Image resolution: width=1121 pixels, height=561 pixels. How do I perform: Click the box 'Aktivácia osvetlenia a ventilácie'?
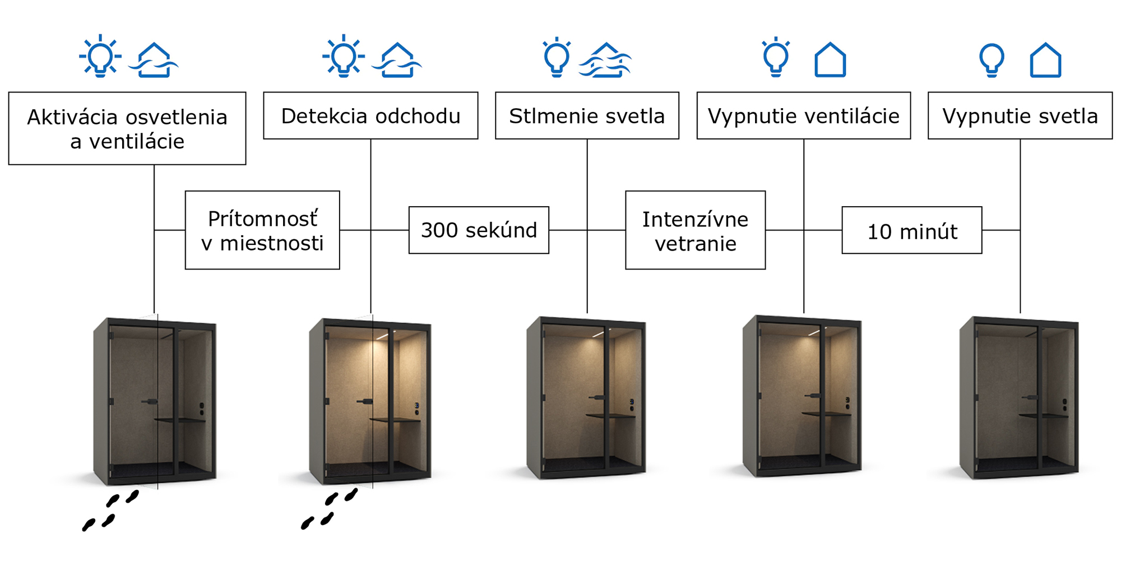pos(127,128)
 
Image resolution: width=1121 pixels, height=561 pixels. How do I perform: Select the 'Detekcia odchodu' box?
pos(370,115)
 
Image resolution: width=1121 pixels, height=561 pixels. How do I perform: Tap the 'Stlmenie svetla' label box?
pos(587,115)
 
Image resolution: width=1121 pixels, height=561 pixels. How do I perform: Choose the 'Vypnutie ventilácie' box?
pos(803,115)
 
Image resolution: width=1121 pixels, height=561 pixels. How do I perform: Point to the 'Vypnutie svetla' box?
pos(1020,115)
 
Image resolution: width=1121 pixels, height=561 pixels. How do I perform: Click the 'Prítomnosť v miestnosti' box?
pos(262,230)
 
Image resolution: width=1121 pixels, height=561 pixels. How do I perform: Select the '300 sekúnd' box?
pos(479,230)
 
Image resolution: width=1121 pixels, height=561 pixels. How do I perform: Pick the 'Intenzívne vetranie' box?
pos(695,230)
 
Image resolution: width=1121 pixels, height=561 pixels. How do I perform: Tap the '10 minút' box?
pos(911,230)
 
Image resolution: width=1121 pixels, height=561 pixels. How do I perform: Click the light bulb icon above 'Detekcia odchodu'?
pos(344,57)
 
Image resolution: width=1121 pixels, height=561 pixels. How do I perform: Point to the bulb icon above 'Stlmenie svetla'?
pos(557,57)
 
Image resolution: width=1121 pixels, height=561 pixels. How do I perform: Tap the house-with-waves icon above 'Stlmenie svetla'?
pos(605,60)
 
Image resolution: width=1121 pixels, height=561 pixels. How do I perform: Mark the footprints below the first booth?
pos(110,511)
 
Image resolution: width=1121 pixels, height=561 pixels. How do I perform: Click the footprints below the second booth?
pos(328,509)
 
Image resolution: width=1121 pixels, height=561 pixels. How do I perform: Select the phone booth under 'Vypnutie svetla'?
pos(1018,398)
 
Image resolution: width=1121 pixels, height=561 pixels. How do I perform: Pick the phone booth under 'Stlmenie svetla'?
pos(586,398)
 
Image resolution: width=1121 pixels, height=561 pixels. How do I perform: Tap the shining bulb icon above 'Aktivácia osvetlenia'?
pos(100,57)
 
